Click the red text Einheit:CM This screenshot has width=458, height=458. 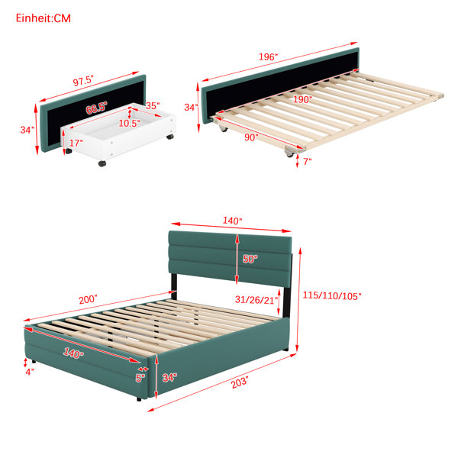44,18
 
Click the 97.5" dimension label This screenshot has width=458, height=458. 83,80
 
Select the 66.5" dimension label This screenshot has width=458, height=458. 96,108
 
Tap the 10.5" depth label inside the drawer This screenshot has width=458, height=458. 130,123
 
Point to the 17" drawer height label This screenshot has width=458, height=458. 76,144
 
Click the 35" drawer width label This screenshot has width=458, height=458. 153,105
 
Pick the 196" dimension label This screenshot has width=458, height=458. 268,56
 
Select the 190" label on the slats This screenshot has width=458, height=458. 302,99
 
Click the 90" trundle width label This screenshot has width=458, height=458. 251,137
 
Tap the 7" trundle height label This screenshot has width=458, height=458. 308,162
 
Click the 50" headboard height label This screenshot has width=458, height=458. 250,259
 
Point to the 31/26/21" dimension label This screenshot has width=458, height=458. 256,299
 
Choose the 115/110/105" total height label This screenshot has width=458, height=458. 332,295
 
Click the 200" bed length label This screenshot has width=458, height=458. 88,300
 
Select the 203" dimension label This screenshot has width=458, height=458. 240,382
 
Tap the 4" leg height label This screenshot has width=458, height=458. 30,372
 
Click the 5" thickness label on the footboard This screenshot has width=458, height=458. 140,378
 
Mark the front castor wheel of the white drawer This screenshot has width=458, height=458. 102,163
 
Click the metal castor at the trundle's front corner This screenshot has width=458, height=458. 290,152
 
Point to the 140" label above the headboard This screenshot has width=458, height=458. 233,221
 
